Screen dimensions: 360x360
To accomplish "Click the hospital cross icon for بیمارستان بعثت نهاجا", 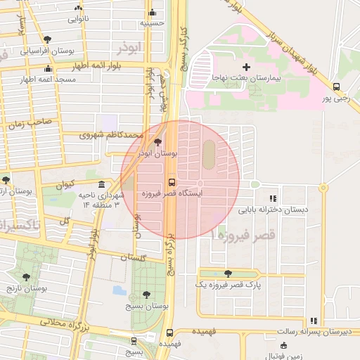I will point(246,66).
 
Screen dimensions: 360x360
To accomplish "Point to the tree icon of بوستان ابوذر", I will point(156,141).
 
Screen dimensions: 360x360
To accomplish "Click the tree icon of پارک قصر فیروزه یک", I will point(227,274).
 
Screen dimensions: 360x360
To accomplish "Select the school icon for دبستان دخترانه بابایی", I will point(273,198).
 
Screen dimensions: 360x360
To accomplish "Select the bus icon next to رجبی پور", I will point(336,87).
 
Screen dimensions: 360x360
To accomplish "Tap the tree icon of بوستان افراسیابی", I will point(46,40).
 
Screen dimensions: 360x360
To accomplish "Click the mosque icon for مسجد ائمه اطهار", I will point(48,69).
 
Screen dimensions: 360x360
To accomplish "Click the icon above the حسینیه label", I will point(153,12).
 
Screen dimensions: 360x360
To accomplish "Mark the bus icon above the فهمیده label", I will point(169,334).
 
